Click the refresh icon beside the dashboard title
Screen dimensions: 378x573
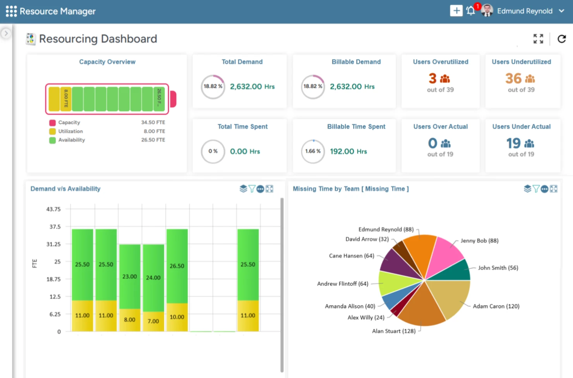(x=561, y=39)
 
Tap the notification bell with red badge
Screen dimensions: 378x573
(x=471, y=11)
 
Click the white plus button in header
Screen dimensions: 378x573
(x=456, y=11)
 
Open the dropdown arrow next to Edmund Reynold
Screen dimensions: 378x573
(x=561, y=11)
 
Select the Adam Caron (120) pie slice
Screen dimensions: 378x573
(x=449, y=298)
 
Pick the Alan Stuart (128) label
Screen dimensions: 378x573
(x=393, y=331)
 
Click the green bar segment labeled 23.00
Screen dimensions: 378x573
(x=130, y=276)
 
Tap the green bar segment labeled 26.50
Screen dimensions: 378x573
(x=177, y=266)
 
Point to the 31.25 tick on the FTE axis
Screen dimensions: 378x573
(x=53, y=244)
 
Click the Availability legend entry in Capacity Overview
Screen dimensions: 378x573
(x=71, y=140)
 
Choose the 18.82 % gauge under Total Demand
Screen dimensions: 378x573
(x=213, y=86)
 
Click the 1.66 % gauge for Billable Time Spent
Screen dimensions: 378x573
(x=313, y=151)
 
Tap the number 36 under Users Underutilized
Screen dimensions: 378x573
(x=513, y=79)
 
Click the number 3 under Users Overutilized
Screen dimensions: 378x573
(x=432, y=79)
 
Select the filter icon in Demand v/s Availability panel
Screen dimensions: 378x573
(x=252, y=189)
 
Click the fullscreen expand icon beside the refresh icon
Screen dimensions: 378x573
(x=538, y=39)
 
